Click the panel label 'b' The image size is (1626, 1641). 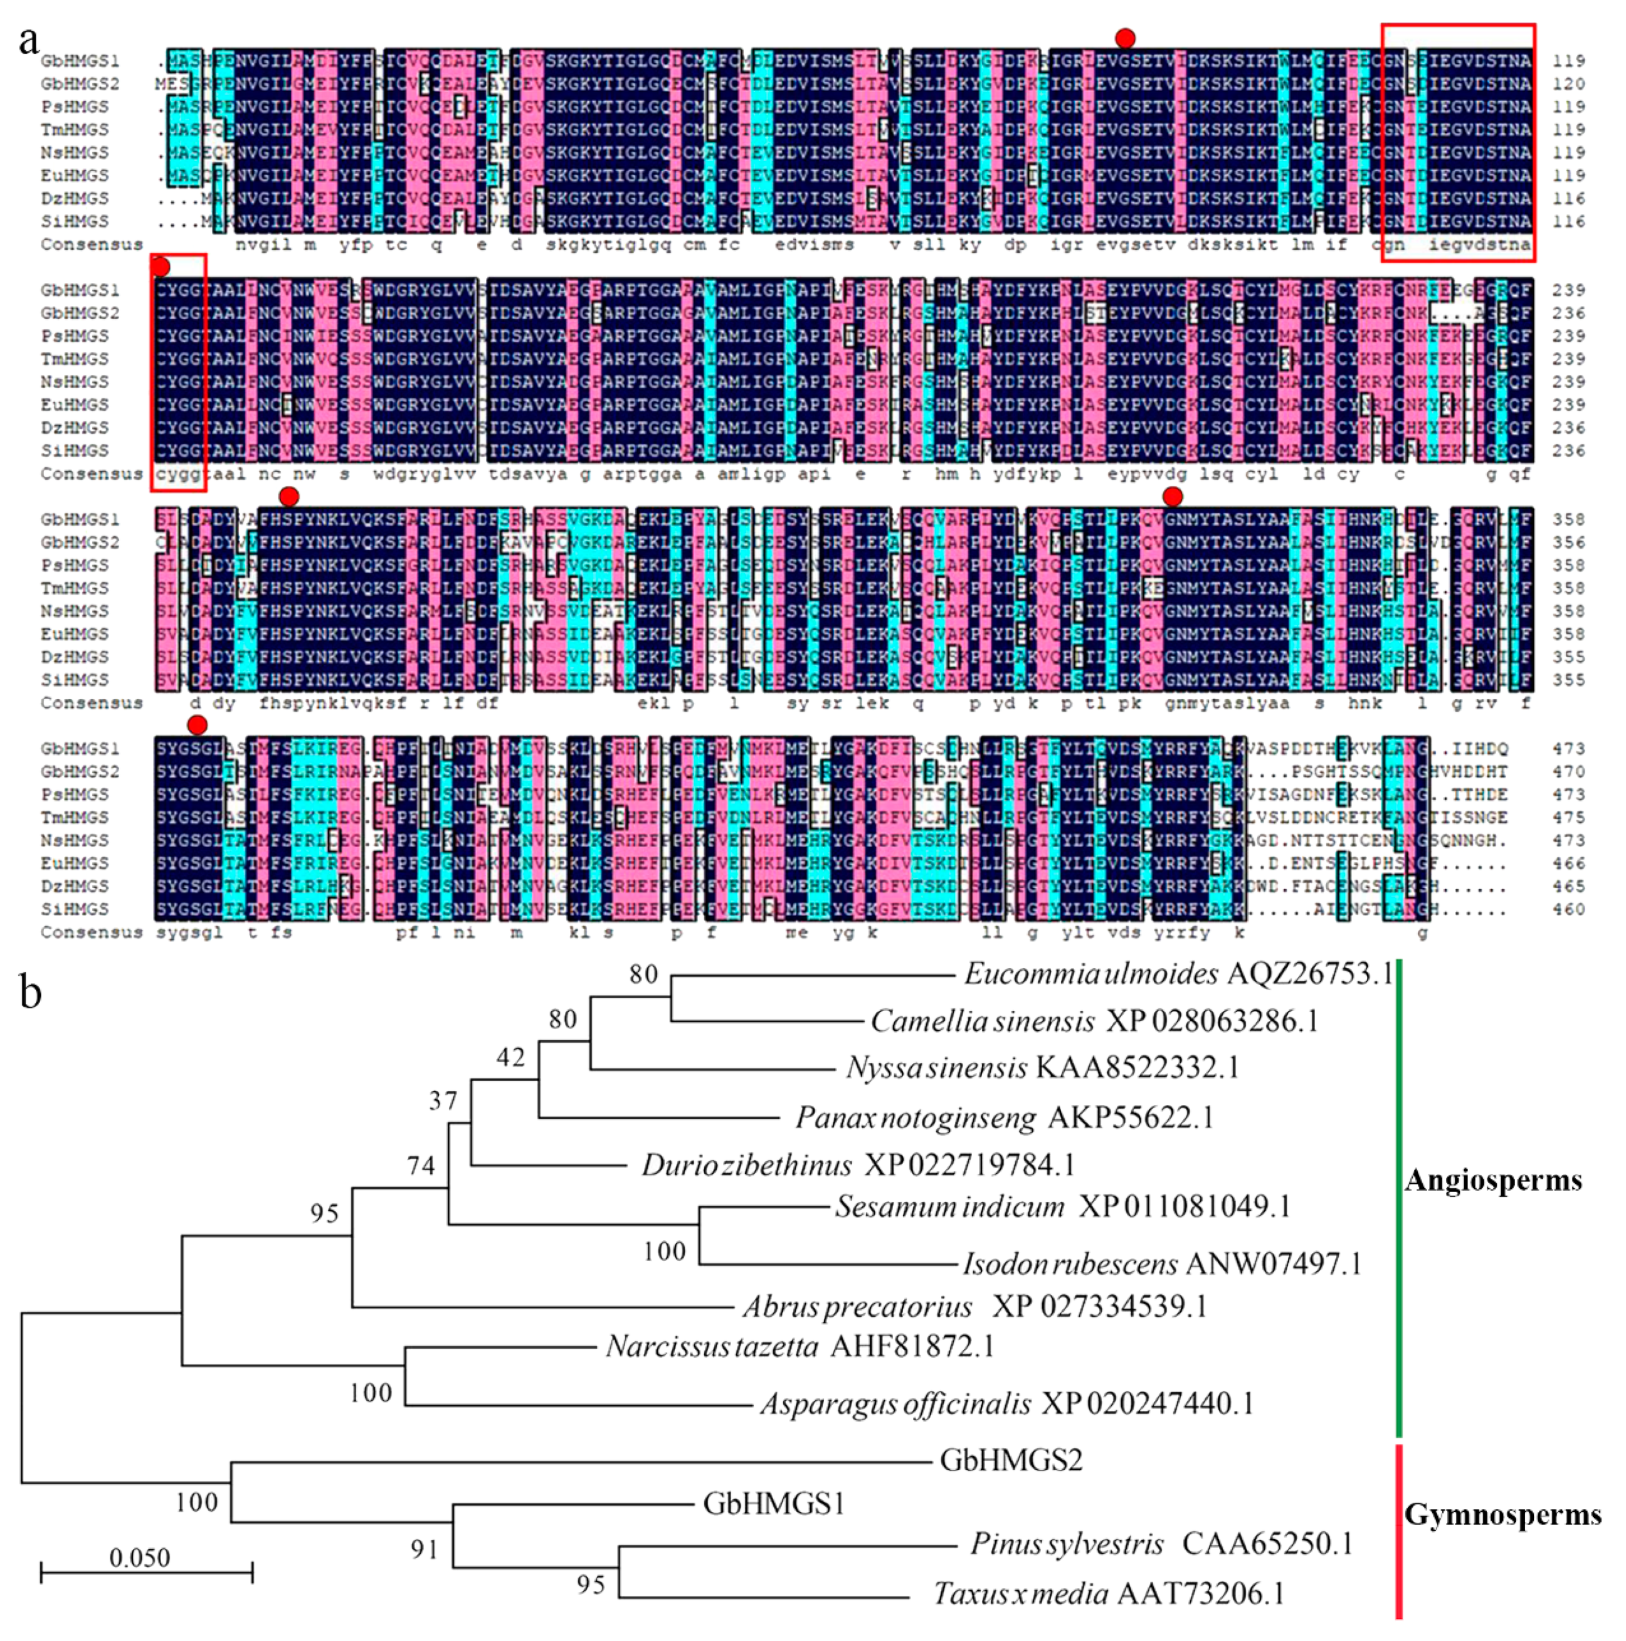[x=31, y=992]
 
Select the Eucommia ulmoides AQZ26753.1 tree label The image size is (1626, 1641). [x=1178, y=973]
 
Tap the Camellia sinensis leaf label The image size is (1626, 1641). [x=1094, y=1020]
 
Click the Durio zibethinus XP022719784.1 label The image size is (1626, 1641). [x=858, y=1164]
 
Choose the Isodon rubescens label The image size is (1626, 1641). [x=1162, y=1264]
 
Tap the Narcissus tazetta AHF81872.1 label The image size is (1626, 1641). [x=800, y=1346]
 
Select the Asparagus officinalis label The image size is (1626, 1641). [x=1006, y=1404]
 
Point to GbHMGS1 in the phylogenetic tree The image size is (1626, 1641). [x=773, y=1504]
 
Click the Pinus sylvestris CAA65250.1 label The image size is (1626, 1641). [x=1161, y=1543]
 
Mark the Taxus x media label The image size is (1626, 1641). [x=1109, y=1593]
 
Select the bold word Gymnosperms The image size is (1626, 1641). [x=1502, y=1514]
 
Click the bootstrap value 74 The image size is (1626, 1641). [x=421, y=1165]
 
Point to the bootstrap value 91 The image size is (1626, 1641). [x=424, y=1549]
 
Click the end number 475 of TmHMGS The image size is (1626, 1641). [x=1568, y=817]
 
